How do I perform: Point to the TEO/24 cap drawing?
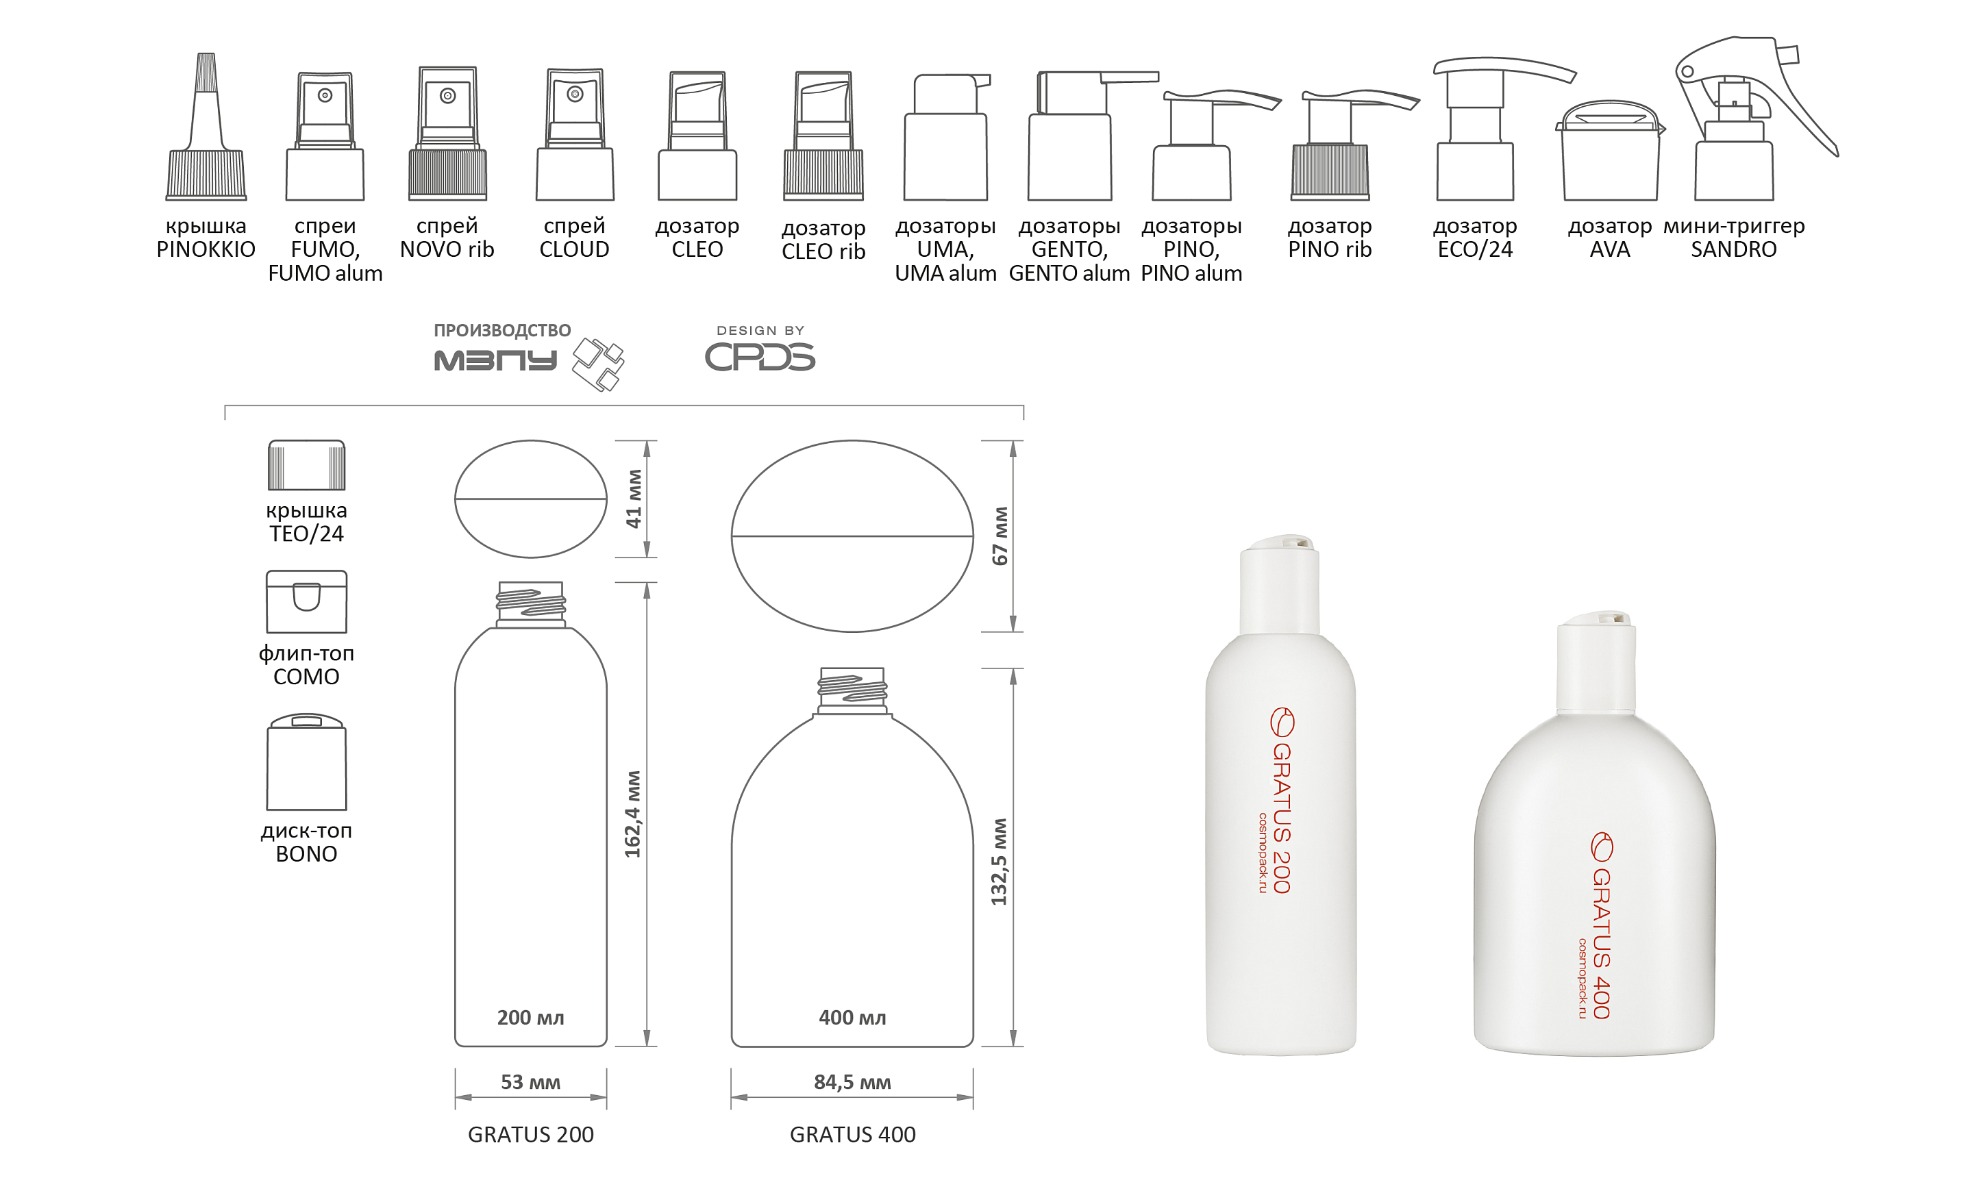click(307, 465)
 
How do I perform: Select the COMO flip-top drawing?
click(307, 602)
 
